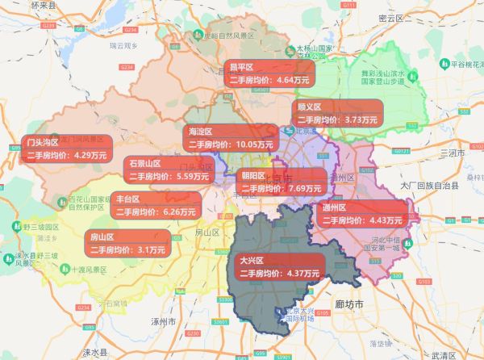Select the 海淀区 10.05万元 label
pyautogui.click(x=229, y=137)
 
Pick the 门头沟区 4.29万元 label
pyautogui.click(x=65, y=149)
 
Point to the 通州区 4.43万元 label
pyautogui.click(x=361, y=213)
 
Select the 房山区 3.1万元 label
pyautogui.click(x=128, y=243)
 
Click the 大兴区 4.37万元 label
pyautogui.click(x=279, y=267)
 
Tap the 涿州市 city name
pyautogui.click(x=164, y=321)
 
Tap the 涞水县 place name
pyautogui.click(x=94, y=353)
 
